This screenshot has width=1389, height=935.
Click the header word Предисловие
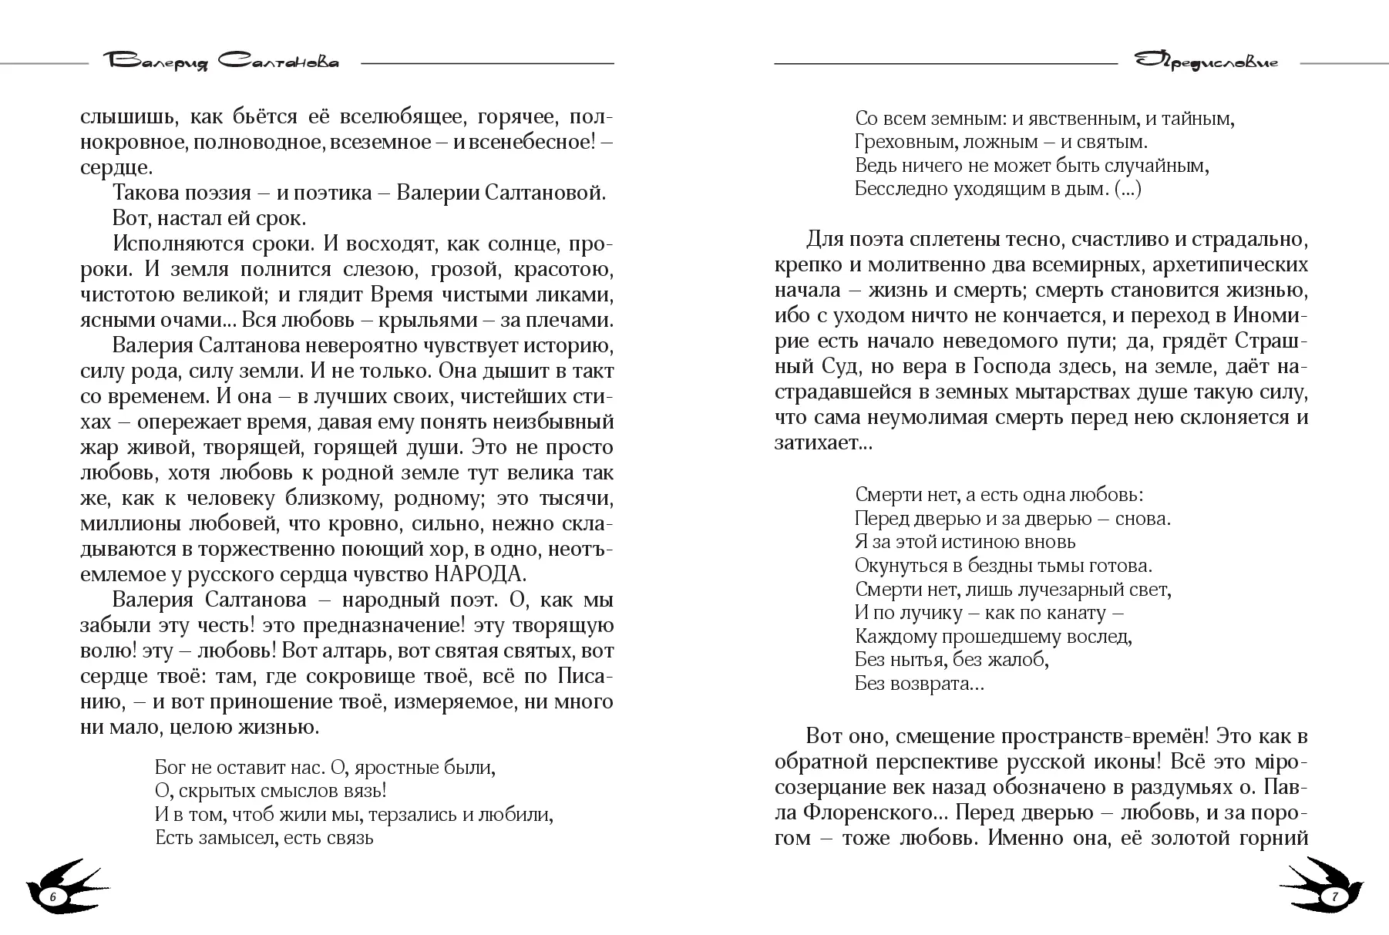click(x=1207, y=62)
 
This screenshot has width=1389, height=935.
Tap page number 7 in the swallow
click(x=1334, y=896)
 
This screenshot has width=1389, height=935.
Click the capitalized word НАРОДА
click(x=480, y=574)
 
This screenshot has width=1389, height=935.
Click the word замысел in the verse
click(x=240, y=837)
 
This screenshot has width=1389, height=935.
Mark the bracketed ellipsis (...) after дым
click(x=1128, y=189)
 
